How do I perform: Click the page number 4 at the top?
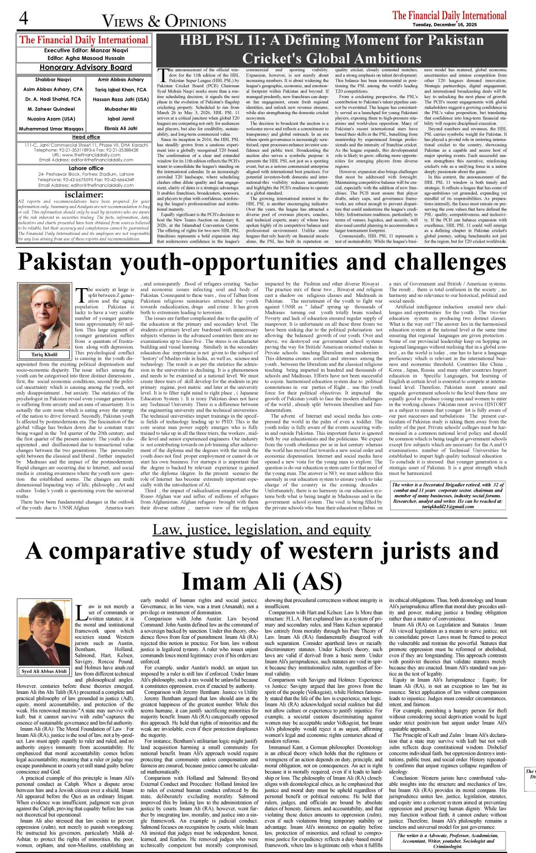click(x=23, y=19)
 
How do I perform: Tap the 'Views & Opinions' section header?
click(x=164, y=21)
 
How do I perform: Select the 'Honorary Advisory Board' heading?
click(x=86, y=67)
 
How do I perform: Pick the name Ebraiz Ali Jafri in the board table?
click(x=121, y=128)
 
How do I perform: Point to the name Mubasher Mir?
click(x=121, y=109)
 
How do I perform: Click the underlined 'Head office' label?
click(x=86, y=137)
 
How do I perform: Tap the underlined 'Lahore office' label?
click(x=86, y=168)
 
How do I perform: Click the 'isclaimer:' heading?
click(x=86, y=195)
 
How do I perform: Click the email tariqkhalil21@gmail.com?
click(x=447, y=507)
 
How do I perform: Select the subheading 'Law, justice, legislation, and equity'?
click(x=261, y=530)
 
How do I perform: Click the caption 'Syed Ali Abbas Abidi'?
click(x=44, y=672)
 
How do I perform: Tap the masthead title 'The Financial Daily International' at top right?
click(x=449, y=15)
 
